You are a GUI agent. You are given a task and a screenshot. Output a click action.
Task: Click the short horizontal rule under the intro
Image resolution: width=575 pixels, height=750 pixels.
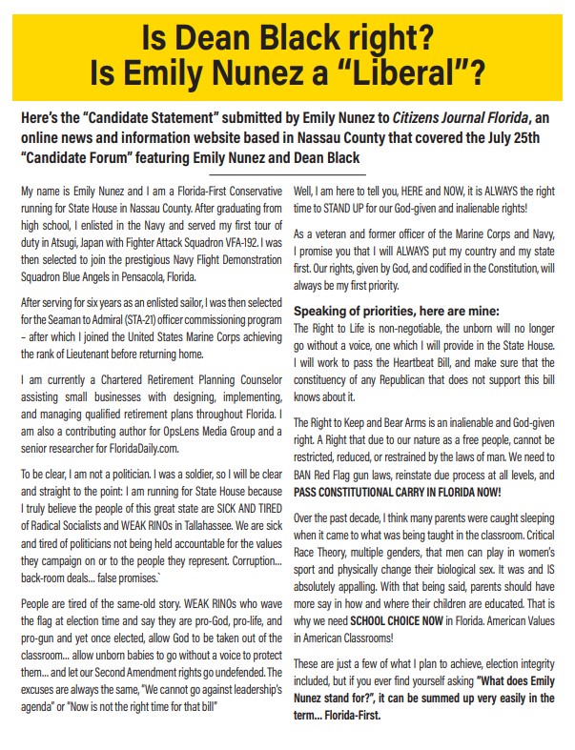(x=287, y=174)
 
